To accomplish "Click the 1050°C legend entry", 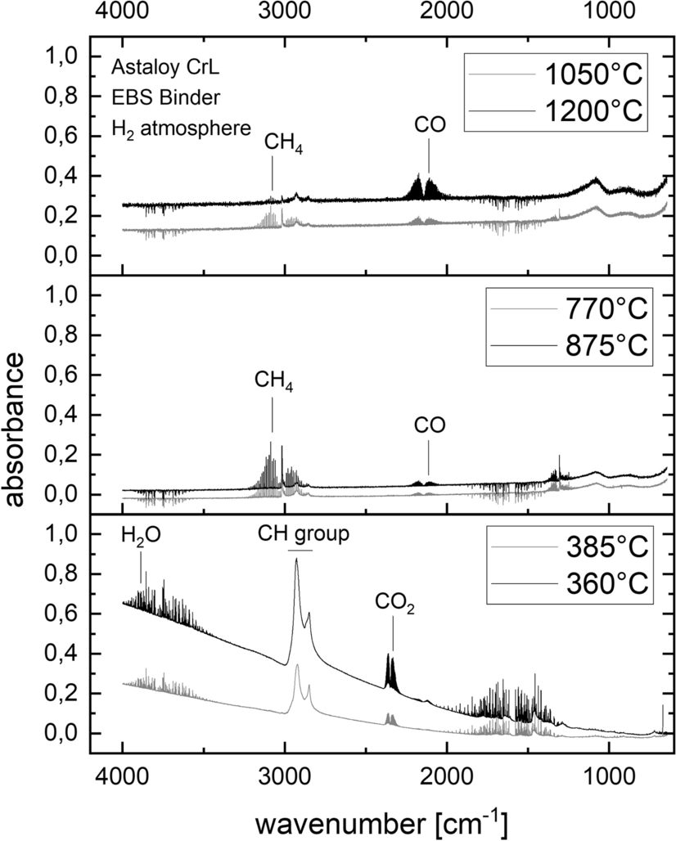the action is (556, 74).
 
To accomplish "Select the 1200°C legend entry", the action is (556, 111).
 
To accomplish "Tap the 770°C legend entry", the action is (570, 309).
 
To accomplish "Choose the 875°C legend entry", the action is (570, 345).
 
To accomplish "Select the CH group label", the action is (304, 533).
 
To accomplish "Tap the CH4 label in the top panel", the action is (283, 144).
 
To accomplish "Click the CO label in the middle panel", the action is (430, 425).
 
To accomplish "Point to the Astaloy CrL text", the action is (165, 68).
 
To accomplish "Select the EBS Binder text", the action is (166, 97).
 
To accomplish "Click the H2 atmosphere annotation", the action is (182, 128).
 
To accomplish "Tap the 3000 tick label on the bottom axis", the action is (285, 776).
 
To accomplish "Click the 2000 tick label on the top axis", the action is (447, 10).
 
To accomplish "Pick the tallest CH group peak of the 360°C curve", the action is (296, 560).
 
